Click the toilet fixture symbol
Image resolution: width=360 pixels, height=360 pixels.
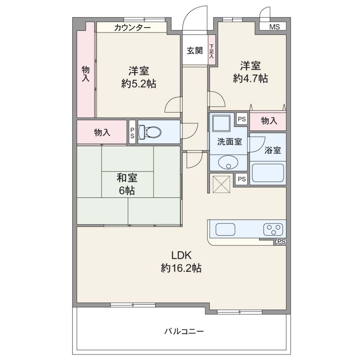(x=150, y=132)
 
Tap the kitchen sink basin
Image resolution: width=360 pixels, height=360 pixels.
(x=225, y=229)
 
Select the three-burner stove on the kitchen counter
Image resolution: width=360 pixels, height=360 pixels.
(x=273, y=229)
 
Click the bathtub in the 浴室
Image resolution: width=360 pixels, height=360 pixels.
(x=268, y=173)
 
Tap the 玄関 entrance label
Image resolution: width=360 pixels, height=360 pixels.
(x=195, y=51)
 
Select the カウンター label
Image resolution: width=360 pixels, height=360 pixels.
(x=132, y=28)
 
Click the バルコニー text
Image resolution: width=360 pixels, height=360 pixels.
(x=184, y=331)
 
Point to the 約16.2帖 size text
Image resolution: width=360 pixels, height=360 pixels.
(x=181, y=268)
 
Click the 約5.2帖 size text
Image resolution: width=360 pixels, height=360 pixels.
(x=139, y=84)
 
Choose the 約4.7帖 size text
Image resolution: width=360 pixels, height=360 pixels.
(x=250, y=78)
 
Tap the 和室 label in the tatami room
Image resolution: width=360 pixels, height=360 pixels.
(x=127, y=178)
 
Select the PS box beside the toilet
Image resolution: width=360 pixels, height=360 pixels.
(x=132, y=132)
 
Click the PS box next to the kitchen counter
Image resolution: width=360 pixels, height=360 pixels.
(x=280, y=242)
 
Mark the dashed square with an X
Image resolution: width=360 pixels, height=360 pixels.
(x=221, y=184)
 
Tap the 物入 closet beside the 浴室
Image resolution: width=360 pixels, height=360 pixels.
(x=268, y=121)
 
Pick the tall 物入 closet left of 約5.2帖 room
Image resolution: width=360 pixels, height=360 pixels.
(x=86, y=70)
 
